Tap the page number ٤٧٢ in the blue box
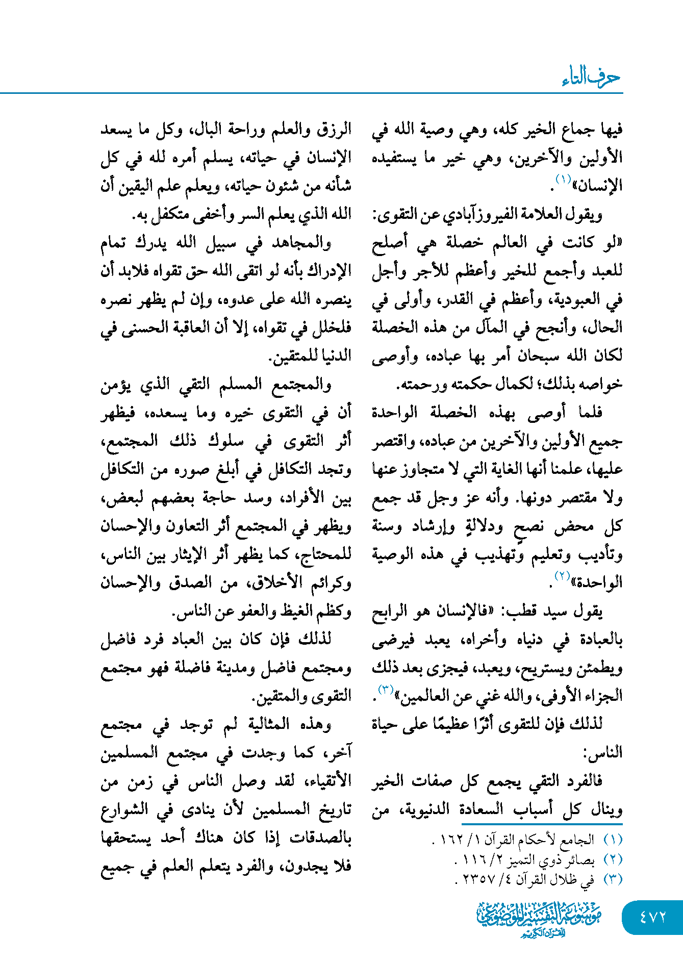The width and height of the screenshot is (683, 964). [x=652, y=917]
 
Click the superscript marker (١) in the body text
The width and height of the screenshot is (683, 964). [x=563, y=179]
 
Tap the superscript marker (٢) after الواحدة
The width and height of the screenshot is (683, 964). [x=562, y=576]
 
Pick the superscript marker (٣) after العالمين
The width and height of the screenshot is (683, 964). [x=385, y=690]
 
